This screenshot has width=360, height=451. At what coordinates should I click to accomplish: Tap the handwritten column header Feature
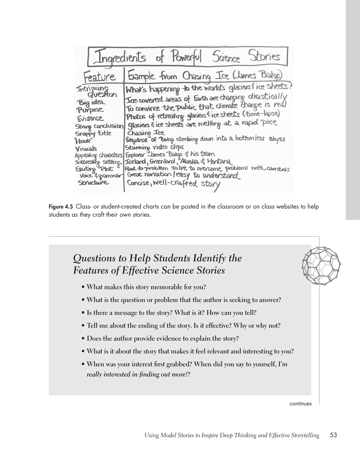pyautogui.click(x=100, y=76)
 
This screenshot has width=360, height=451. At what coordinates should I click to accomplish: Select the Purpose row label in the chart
pyautogui.click(x=90, y=110)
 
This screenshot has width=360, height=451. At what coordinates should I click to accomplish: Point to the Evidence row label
pyautogui.click(x=90, y=118)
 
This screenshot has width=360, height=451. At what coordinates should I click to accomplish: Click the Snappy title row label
pyautogui.click(x=93, y=133)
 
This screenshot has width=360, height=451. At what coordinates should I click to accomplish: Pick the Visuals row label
pyautogui.click(x=86, y=148)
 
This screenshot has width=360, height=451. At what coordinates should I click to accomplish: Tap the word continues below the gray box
pyautogui.click(x=301, y=404)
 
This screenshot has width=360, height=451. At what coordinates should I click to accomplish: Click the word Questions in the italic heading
pyautogui.click(x=94, y=258)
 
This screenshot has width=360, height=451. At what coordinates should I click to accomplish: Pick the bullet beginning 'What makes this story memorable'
pyautogui.click(x=146, y=287)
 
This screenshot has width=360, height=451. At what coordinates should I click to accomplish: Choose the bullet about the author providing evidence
pyautogui.click(x=163, y=338)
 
